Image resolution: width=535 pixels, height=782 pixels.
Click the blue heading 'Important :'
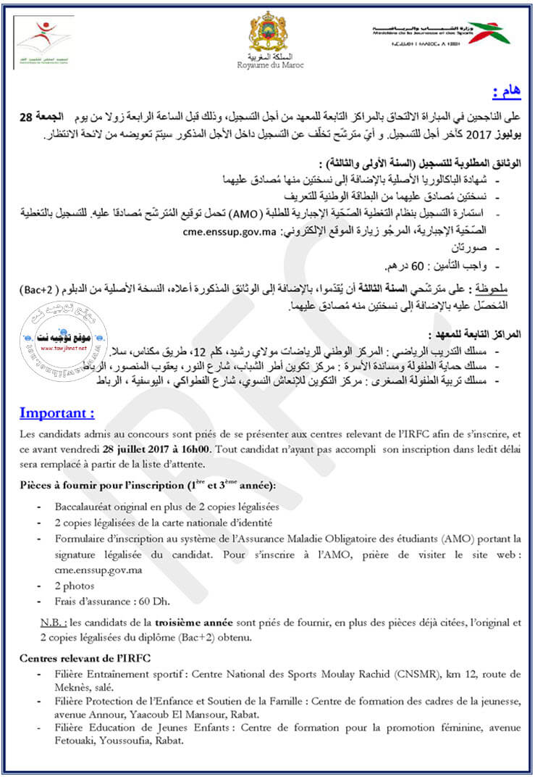(x=57, y=414)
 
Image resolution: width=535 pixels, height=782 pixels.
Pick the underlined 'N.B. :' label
(x=53, y=623)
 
